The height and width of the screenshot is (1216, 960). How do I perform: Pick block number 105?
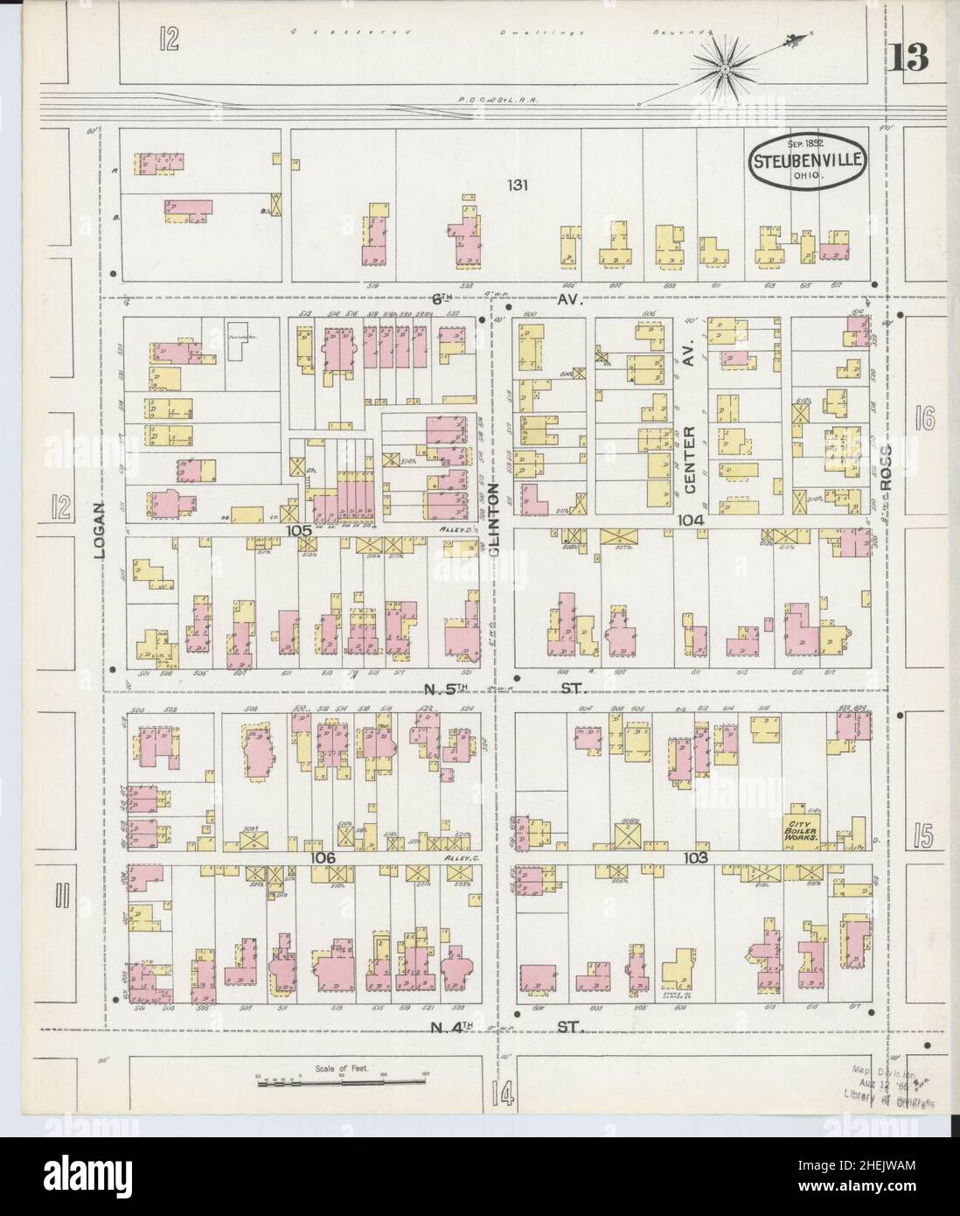tap(298, 531)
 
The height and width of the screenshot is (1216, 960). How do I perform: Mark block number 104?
tap(691, 520)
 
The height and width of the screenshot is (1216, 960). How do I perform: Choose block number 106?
tap(323, 859)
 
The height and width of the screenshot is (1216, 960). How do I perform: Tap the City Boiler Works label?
tap(799, 830)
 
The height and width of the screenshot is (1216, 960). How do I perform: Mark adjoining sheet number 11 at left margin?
tap(59, 898)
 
